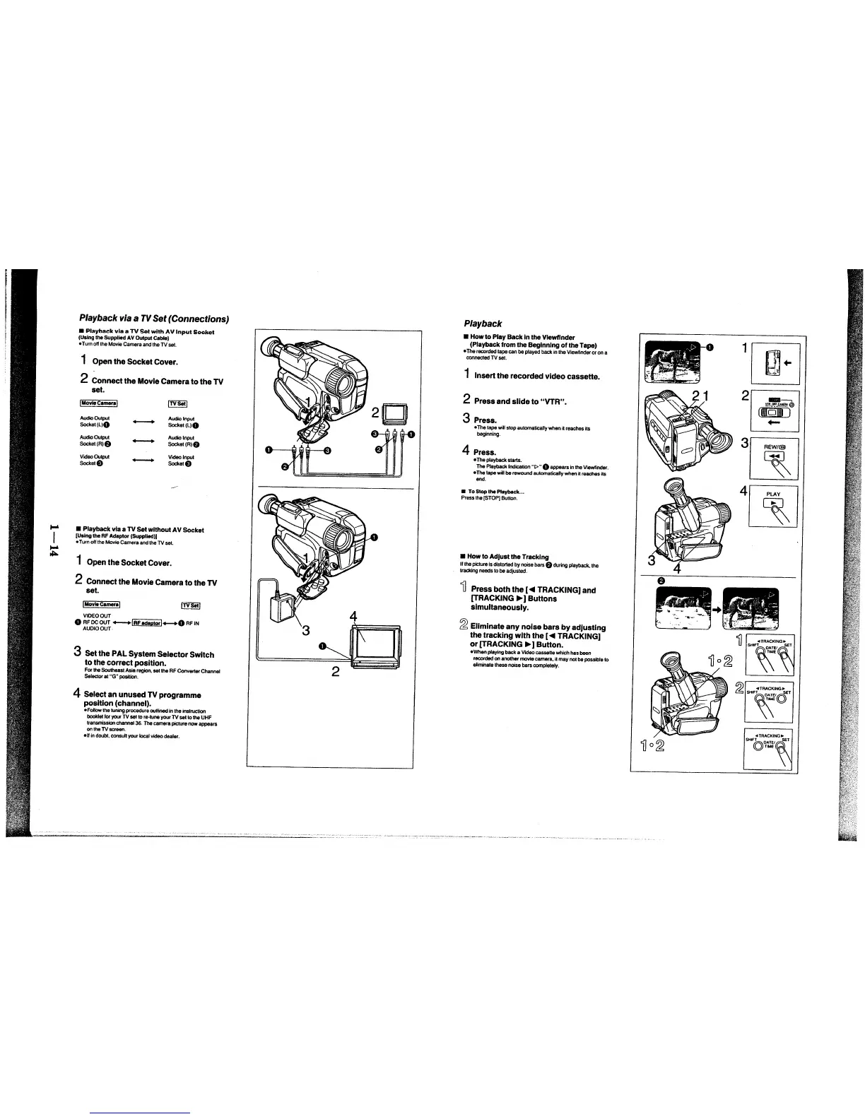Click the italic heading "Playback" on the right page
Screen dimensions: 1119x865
point(483,323)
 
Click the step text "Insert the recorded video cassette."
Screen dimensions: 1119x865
point(537,376)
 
